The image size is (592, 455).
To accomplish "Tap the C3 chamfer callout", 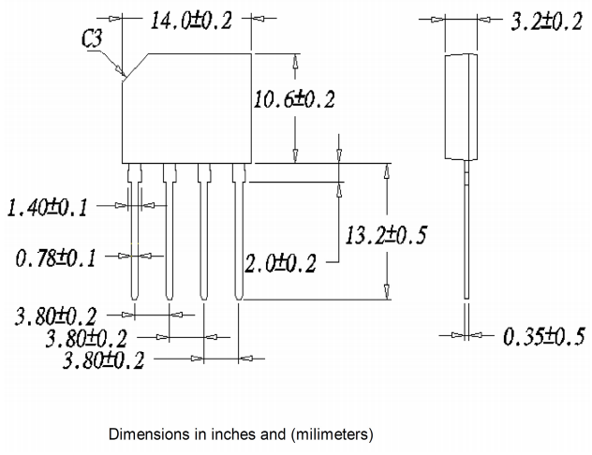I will tap(92, 40).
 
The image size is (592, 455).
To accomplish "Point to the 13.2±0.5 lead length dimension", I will tap(386, 235).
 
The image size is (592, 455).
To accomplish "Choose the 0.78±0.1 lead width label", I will tap(56, 257).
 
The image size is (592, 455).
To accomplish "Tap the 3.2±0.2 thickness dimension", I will tap(545, 21).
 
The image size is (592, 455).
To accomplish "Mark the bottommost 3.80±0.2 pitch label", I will tap(101, 360).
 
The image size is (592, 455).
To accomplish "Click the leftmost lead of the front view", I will tap(135, 234).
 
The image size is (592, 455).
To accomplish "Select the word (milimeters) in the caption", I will tap(332, 434).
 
